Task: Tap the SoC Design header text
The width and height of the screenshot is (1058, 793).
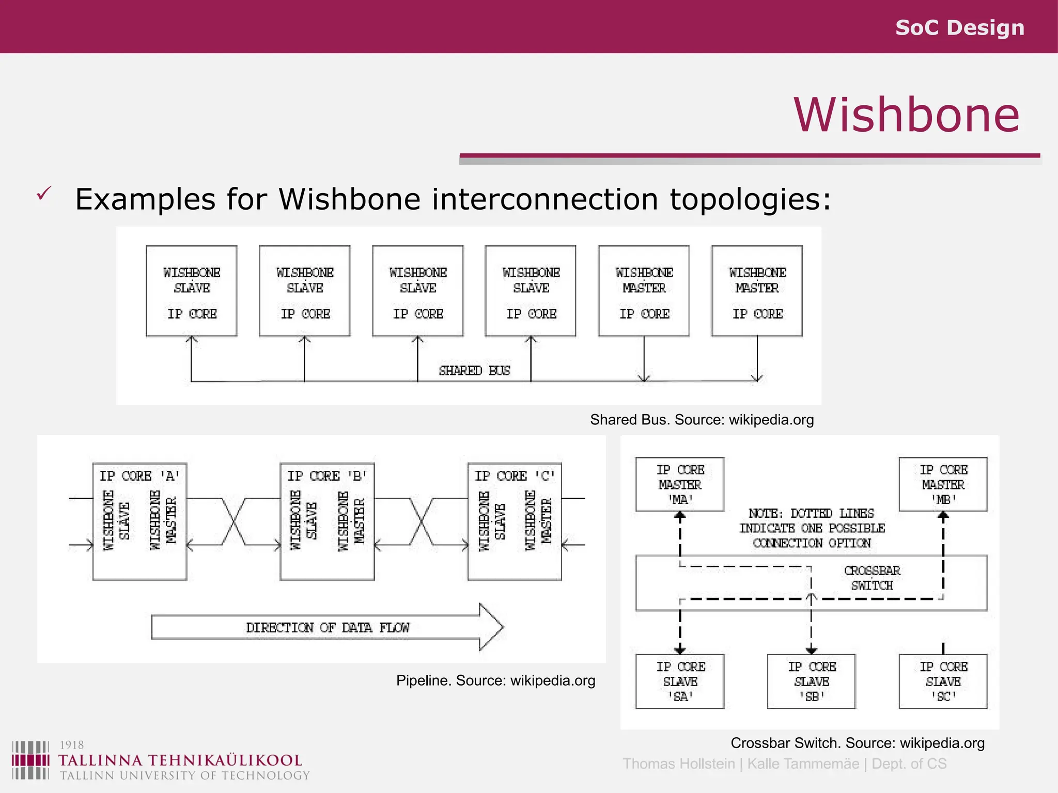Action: [959, 27]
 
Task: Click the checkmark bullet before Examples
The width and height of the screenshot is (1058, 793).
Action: [44, 194]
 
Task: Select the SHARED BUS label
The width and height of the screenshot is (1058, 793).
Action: [474, 371]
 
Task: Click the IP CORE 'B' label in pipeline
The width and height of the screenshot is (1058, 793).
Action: [326, 475]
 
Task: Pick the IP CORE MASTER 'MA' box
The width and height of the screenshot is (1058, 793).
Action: [680, 484]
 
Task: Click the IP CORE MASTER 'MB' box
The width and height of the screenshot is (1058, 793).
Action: [943, 484]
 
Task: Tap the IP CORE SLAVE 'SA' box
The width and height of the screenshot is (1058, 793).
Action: [680, 681]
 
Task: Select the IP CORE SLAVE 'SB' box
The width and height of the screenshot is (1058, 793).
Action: [811, 681]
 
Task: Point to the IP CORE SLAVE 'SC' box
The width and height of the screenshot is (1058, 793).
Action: [943, 681]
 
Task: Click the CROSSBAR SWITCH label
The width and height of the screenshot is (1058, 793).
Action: [872, 578]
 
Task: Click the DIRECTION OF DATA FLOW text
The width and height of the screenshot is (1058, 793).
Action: [328, 628]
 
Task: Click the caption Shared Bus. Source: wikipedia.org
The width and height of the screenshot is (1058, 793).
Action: [702, 420]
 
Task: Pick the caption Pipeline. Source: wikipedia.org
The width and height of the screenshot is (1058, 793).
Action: [495, 680]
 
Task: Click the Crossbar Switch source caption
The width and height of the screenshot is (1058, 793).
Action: [857, 743]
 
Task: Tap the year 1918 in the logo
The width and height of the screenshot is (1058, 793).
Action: [72, 745]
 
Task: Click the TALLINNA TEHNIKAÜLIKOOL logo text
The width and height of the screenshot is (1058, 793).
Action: [180, 760]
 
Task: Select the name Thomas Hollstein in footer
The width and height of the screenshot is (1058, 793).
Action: [678, 764]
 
